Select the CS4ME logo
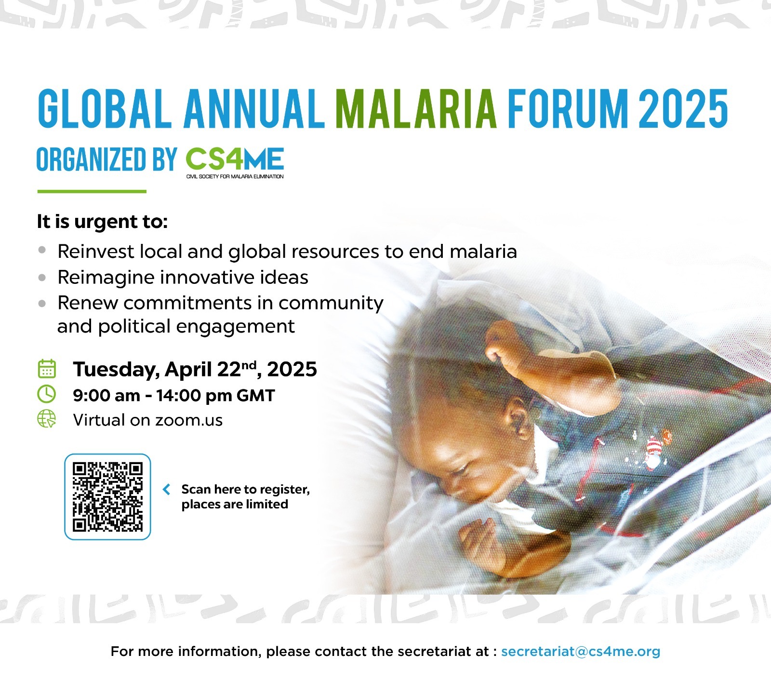[x=235, y=163]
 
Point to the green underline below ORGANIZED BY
[x=92, y=191]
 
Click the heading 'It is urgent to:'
[x=102, y=222]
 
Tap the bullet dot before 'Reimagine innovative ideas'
[x=43, y=278]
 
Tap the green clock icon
[x=47, y=394]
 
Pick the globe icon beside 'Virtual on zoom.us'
[x=47, y=419]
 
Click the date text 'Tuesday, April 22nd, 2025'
[x=195, y=369]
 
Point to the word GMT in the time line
[x=255, y=396]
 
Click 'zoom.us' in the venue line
[x=189, y=420]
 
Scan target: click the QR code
[x=107, y=496]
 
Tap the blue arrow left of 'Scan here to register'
[x=167, y=490]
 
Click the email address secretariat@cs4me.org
[x=581, y=652]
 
